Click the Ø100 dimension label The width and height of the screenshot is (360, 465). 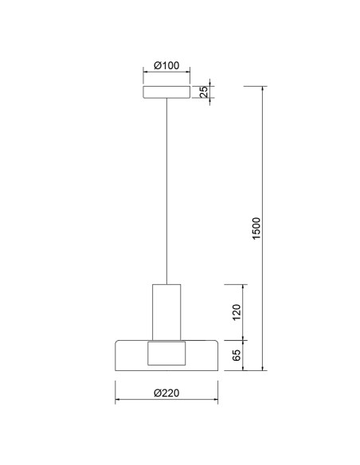click(x=166, y=65)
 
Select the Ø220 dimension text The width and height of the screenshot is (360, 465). click(x=166, y=393)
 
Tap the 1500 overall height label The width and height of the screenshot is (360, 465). click(x=256, y=229)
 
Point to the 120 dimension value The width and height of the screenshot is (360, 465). click(x=237, y=312)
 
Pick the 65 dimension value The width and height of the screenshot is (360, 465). click(x=237, y=355)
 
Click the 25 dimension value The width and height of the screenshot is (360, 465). click(x=204, y=92)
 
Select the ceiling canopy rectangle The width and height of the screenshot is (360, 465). click(x=166, y=92)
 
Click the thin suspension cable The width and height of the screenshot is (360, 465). click(x=166, y=191)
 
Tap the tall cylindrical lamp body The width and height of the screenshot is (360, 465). click(x=166, y=312)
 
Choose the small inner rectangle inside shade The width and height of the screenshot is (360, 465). click(x=166, y=354)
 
